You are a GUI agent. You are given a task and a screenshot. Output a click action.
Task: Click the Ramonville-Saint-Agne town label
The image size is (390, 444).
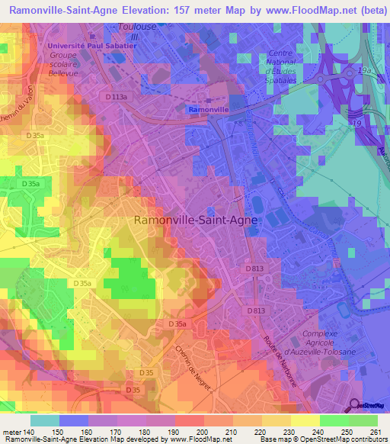[196, 220]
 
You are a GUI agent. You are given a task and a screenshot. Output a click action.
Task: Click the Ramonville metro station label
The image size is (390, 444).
[207, 110]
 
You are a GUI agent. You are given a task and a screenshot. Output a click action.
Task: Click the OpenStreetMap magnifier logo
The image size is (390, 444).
[355, 405]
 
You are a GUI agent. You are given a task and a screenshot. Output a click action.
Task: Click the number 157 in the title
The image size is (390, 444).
[200, 12]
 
